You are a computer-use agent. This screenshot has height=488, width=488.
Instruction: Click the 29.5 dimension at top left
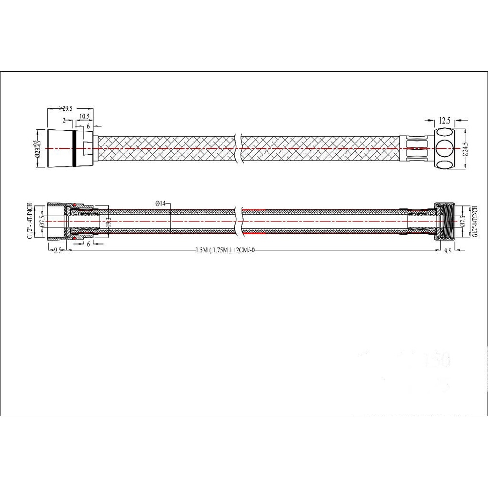(64, 109)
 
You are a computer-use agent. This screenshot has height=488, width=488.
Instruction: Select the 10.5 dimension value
(83, 116)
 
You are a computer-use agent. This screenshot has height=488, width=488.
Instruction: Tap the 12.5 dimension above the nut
(445, 120)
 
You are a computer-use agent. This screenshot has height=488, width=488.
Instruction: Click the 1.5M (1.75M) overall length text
(224, 250)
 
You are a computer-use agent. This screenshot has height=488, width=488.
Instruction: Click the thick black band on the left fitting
(74, 148)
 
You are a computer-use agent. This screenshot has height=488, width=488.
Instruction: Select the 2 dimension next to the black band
(64, 120)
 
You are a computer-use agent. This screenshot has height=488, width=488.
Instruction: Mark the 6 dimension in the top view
(88, 126)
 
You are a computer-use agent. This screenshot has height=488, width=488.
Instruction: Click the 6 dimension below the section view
(88, 243)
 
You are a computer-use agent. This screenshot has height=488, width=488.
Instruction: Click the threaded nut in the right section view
(446, 221)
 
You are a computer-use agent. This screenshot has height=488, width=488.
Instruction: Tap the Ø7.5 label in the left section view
(43, 221)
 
